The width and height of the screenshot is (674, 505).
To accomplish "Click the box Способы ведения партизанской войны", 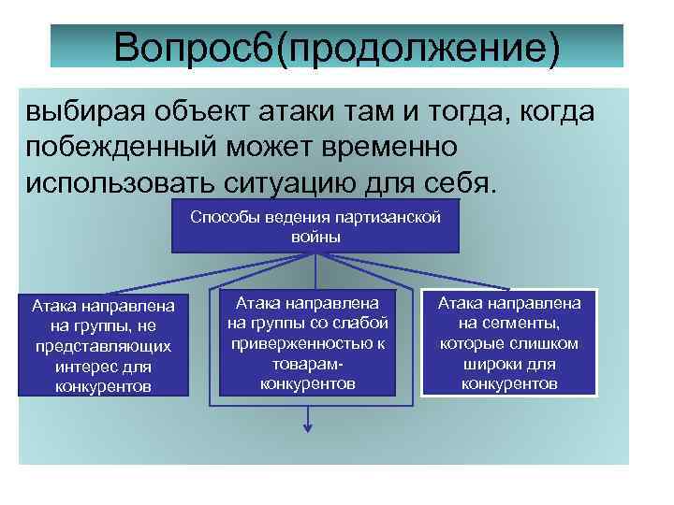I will pyautogui.click(x=315, y=226).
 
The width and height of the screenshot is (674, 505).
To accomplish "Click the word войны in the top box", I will pyautogui.click(x=315, y=237).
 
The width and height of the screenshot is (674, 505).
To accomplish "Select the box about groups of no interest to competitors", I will pyautogui.click(x=106, y=345).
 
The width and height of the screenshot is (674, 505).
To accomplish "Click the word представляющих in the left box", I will pyautogui.click(x=106, y=345).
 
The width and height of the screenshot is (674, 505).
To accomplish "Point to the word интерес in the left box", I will pyautogui.click(x=92, y=365).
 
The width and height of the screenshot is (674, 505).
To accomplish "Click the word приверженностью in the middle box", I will pyautogui.click(x=308, y=343).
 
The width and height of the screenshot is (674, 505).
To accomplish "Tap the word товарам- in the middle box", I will pyautogui.click(x=308, y=364).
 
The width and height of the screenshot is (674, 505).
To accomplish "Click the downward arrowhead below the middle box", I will pyautogui.click(x=306, y=430).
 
